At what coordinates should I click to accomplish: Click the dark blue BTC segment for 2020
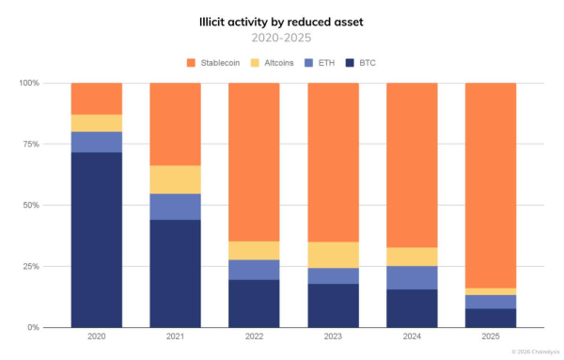click(96, 240)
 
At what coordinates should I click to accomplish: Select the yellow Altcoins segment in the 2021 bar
click(175, 180)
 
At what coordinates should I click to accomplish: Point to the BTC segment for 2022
click(254, 303)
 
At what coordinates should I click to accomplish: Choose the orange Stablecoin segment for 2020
click(96, 99)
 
